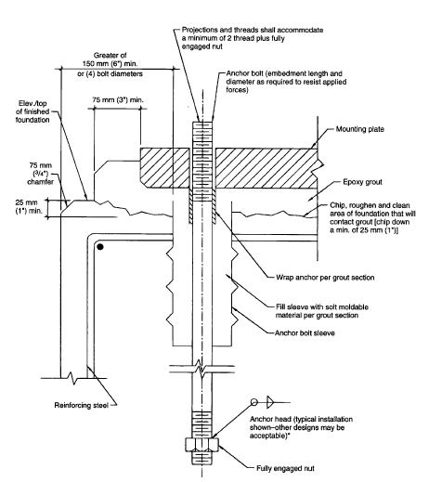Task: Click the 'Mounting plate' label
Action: (360, 129)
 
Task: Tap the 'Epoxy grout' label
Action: (362, 182)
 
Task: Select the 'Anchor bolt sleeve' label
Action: (305, 333)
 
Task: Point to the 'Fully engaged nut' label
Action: (285, 468)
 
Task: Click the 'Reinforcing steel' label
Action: (82, 405)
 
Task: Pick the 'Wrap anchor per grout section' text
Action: (325, 278)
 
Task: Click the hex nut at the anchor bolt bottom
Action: (202, 445)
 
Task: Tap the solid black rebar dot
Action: (100, 247)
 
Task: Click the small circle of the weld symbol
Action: (254, 402)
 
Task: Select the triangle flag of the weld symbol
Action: (270, 402)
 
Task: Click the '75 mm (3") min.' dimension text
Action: (118, 100)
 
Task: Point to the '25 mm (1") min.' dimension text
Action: (26, 207)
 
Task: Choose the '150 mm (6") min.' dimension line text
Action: (110, 63)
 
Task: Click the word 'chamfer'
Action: (40, 182)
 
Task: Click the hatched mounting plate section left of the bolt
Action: (164, 168)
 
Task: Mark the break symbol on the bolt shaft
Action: (201, 369)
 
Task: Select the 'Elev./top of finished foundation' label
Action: (32, 111)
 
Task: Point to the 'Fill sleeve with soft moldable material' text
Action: (322, 311)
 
